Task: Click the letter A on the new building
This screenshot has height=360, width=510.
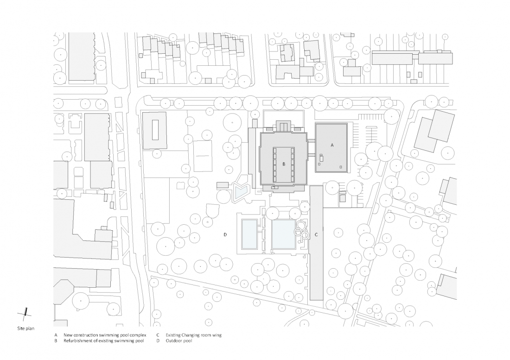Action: tap(332, 145)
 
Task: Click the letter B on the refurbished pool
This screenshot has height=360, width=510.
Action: tap(284, 164)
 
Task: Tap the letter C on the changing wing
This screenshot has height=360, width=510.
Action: tap(316, 234)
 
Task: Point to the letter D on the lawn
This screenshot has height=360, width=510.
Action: tap(225, 234)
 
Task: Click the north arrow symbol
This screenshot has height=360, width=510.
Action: tap(25, 313)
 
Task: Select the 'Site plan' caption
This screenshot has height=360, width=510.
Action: tap(25, 328)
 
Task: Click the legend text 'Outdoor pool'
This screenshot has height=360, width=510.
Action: tap(179, 341)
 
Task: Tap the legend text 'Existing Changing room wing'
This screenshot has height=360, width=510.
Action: tap(193, 335)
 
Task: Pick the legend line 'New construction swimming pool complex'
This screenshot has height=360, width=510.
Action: tap(105, 335)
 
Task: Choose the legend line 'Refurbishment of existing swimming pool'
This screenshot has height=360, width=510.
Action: tap(104, 341)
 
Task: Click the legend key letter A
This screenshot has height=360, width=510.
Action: tap(56, 335)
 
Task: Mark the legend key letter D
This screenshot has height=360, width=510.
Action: tap(158, 341)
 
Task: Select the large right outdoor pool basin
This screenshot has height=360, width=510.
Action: tap(284, 234)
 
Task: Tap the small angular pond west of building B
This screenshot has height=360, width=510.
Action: tap(242, 192)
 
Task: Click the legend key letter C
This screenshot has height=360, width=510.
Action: tap(158, 335)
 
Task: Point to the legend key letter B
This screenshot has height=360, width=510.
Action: tap(56, 341)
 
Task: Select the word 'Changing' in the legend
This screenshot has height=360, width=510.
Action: tap(191, 335)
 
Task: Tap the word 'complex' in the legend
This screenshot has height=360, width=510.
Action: tap(138, 335)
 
